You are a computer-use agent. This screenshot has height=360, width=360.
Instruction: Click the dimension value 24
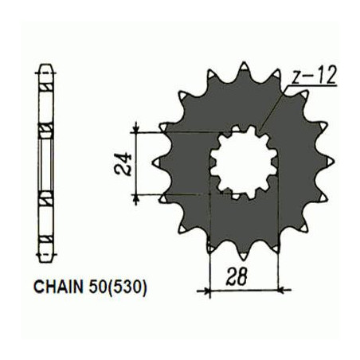coord(123,164)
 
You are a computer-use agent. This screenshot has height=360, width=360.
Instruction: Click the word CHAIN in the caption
coord(58,287)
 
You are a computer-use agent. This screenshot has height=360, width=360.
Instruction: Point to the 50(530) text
coord(118,288)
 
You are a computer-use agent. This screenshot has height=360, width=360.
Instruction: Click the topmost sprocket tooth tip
coord(244,63)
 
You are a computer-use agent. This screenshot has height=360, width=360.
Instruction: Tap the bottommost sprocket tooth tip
coord(244,260)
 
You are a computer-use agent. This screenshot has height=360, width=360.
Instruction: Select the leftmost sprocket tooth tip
coord(155,162)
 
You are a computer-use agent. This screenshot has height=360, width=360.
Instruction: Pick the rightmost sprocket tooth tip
coord(334,161)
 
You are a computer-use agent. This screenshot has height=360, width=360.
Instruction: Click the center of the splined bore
coord(244,162)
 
